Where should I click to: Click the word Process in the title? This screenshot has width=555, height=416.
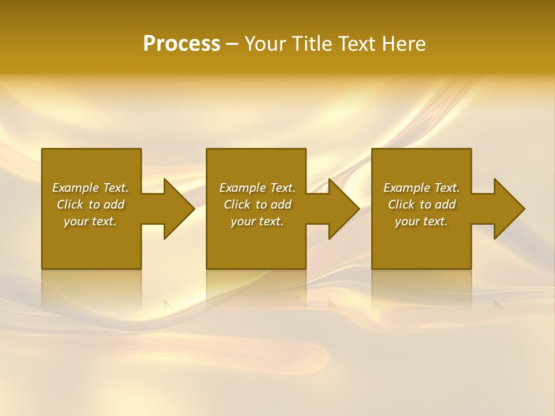(182, 44)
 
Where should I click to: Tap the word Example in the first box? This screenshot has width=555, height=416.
(76, 188)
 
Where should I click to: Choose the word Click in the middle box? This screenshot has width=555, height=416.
(237, 205)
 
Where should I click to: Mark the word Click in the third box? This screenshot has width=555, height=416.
(401, 205)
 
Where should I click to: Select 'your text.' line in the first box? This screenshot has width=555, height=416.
(90, 221)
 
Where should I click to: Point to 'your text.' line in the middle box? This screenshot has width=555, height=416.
(257, 221)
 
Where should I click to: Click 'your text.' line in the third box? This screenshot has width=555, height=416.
(421, 221)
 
